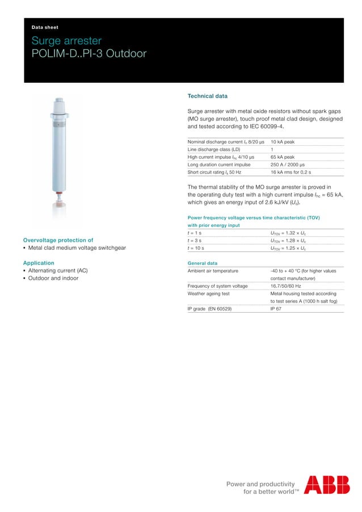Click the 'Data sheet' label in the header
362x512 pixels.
coord(45,27)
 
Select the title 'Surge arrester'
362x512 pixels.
coord(66,41)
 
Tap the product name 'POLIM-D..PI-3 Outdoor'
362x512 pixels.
coord(89,54)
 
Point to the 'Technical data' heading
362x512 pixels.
coord(207,96)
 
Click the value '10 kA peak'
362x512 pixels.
coord(282,142)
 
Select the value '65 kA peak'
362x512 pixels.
coord(282,157)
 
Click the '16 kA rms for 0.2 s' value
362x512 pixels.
coord(291,173)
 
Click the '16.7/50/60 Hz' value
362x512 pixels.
coord(285,286)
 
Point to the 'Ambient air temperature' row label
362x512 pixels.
coord(213,271)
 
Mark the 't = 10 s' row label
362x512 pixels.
coord(196,248)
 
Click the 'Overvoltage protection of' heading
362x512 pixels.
coord(58,240)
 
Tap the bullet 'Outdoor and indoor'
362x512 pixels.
coord(53,278)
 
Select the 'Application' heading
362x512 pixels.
coord(39,263)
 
